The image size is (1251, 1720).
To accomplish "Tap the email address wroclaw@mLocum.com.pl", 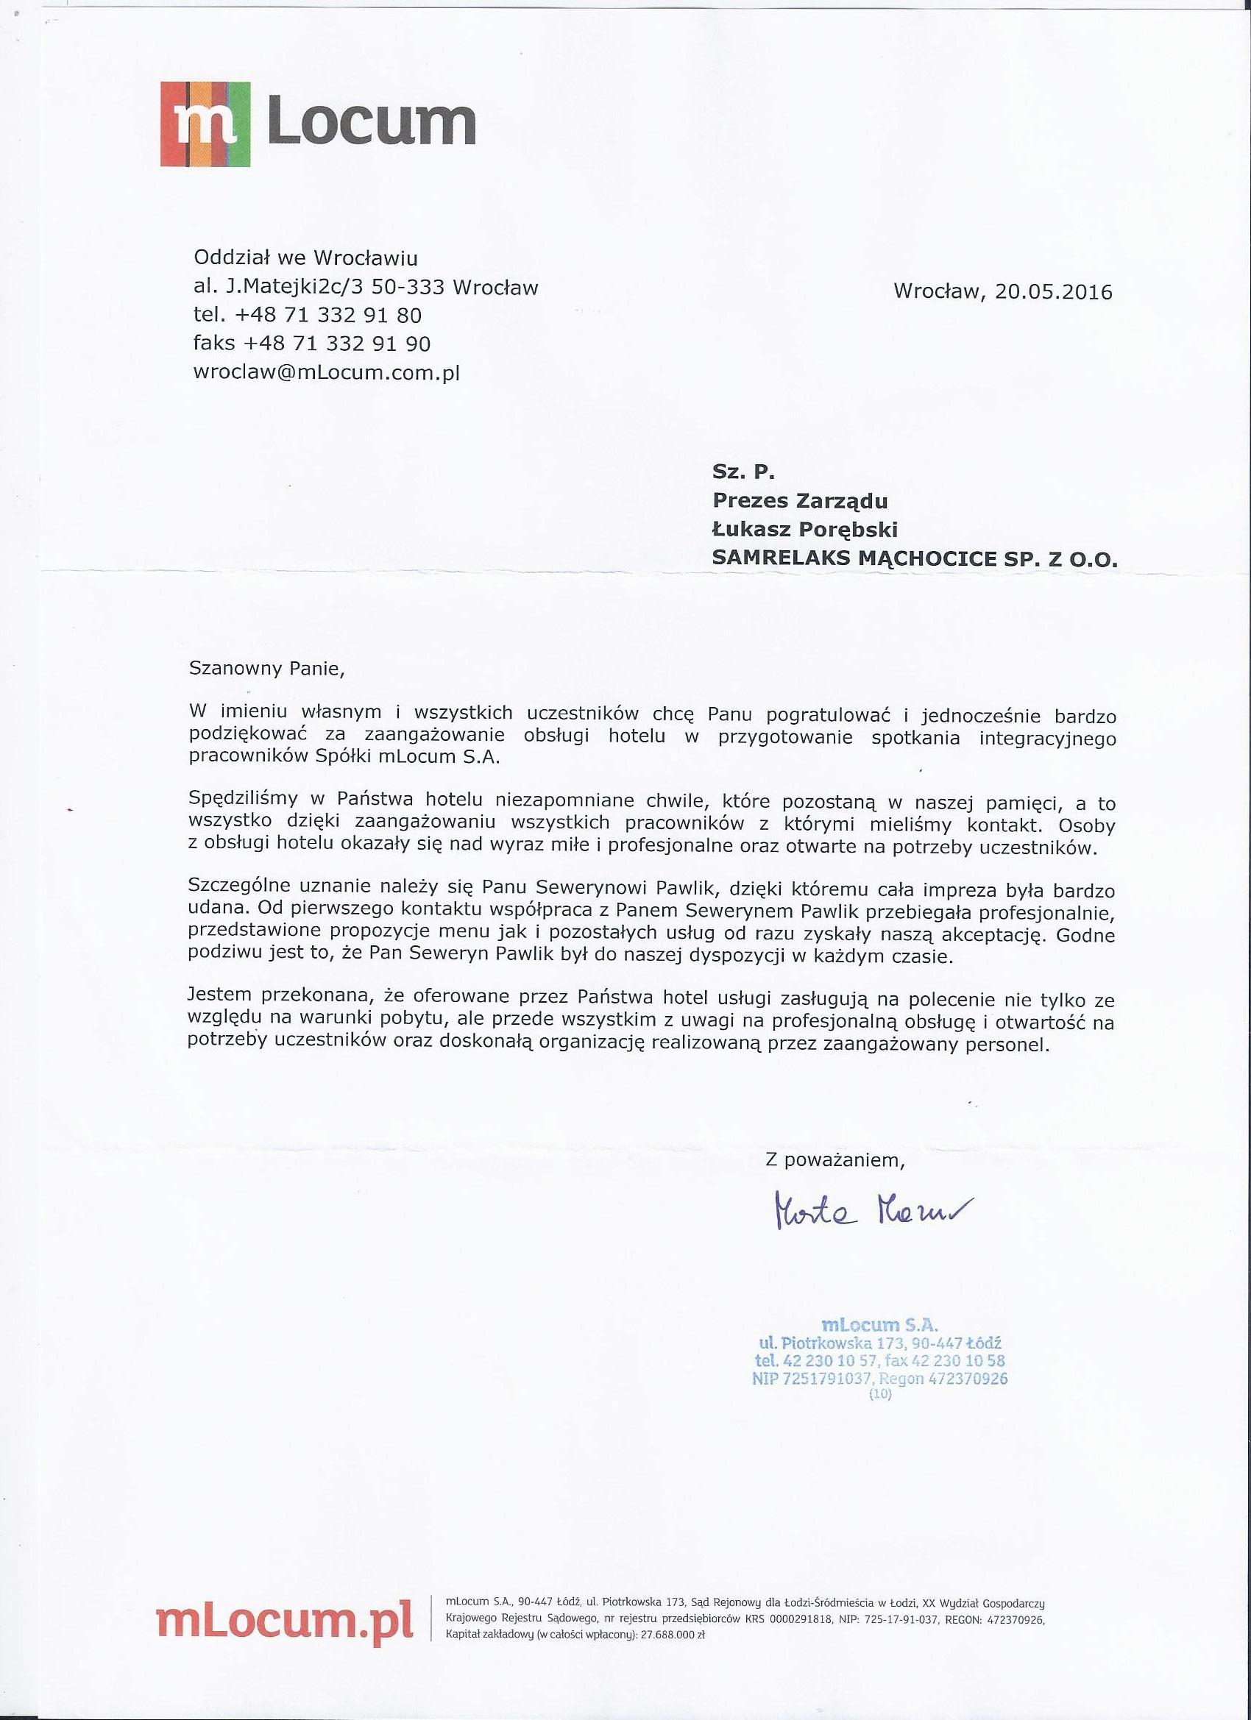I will coord(327,372).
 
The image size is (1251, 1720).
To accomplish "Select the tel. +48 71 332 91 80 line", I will coord(308,315).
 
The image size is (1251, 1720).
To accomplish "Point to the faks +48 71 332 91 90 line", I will coord(312,344).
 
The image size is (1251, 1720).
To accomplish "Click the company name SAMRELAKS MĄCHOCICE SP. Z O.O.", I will coord(915,559).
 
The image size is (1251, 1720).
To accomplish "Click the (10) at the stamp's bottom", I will coord(880,1394).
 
